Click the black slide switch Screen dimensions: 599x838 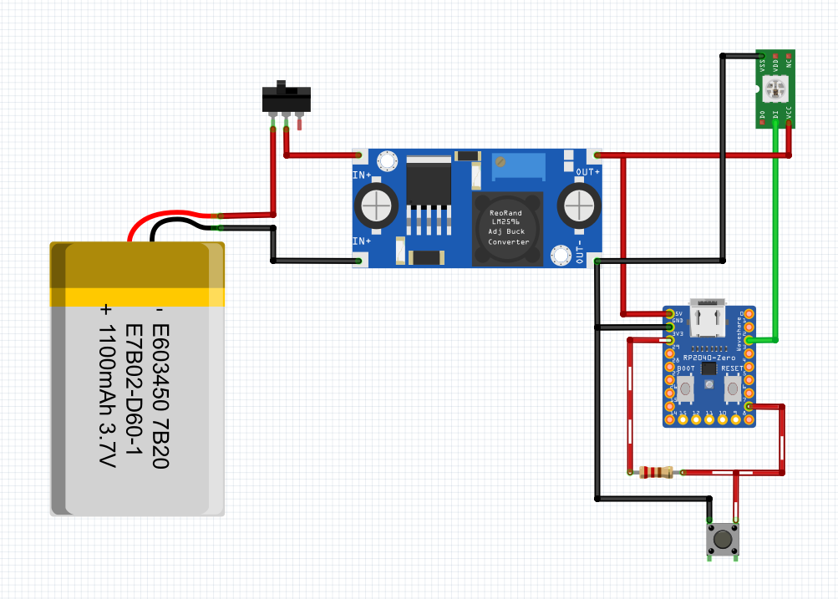coord(287,99)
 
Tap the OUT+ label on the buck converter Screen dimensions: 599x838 coord(588,171)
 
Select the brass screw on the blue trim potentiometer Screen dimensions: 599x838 coord(501,161)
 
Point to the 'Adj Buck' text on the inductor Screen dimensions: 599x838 coord(505,231)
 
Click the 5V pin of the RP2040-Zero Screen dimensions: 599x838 coord(669,313)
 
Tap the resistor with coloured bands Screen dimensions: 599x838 coord(655,473)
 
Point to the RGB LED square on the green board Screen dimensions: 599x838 coord(775,86)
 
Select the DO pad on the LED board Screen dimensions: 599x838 coord(762,114)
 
